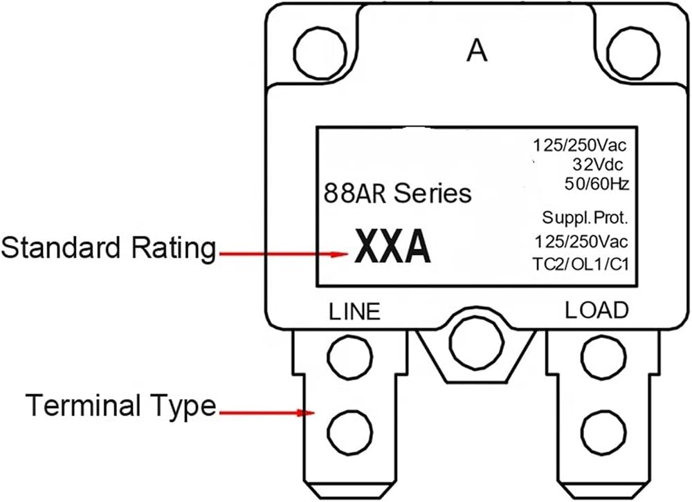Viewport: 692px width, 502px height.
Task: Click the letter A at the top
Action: pos(477,50)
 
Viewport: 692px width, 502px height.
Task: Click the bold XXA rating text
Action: pos(392,246)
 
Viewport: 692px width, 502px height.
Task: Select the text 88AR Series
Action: pos(398,193)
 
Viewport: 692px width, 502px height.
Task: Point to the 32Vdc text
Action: pos(598,164)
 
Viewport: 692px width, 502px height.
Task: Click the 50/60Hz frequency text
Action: pos(597,183)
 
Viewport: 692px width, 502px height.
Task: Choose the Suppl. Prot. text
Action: pos(585,218)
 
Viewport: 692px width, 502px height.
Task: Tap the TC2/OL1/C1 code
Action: pos(581,264)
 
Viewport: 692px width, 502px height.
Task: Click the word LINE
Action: pos(354,311)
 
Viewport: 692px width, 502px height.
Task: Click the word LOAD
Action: pos(597,310)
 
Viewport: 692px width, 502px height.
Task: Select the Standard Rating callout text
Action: pos(109,248)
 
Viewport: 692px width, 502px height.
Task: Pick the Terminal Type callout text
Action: pos(121,405)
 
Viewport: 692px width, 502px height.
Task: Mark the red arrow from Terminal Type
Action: pos(267,413)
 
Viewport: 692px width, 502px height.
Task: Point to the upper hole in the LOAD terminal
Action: pos(603,356)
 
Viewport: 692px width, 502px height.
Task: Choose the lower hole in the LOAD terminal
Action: pos(603,432)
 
